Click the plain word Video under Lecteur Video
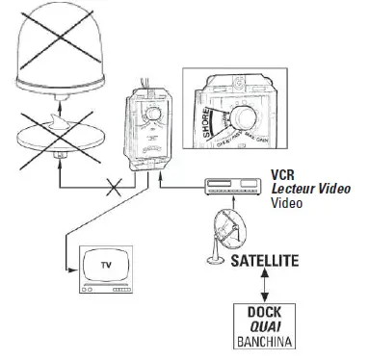[285, 204]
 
